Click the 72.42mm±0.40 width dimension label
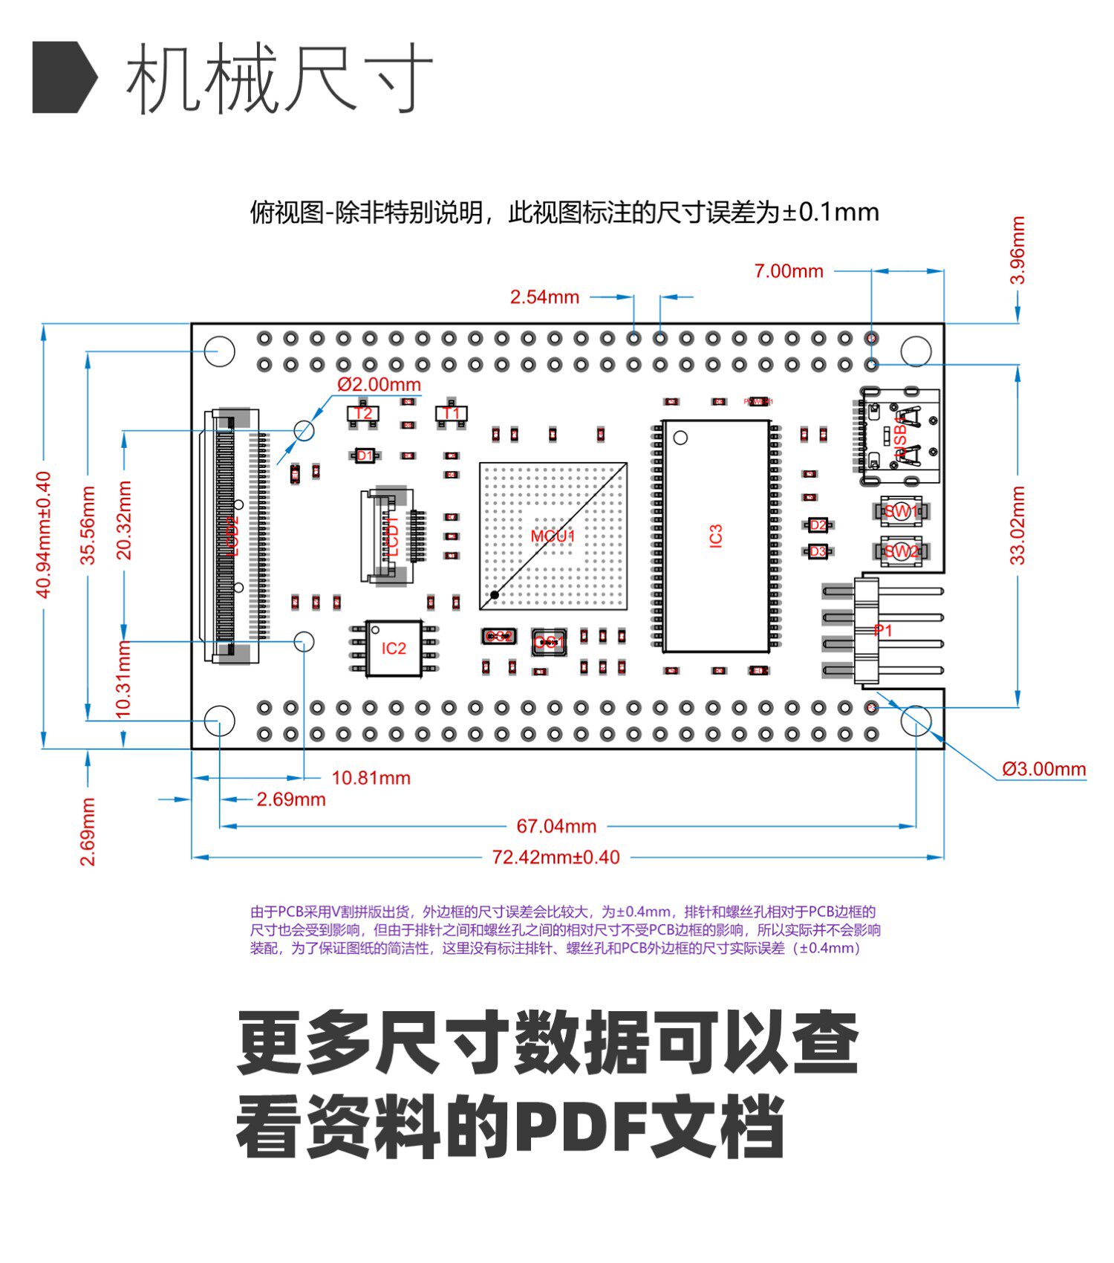coord(556,857)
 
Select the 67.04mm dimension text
coord(556,826)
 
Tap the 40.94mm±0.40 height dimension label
coord(44,535)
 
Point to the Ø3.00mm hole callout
coord(1043,769)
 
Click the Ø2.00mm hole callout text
coord(379,384)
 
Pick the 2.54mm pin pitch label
coord(544,297)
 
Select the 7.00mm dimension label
coord(789,271)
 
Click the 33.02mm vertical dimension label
coord(1017,525)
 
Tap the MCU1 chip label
coord(553,536)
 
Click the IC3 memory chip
coord(715,536)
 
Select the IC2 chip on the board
coord(394,649)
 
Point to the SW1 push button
coord(900,511)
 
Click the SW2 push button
coord(900,551)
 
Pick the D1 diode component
coord(365,455)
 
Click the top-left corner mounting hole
coord(220,351)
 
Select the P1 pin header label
coord(883,631)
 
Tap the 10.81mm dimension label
coord(371,778)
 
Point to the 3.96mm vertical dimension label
coord(1017,250)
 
